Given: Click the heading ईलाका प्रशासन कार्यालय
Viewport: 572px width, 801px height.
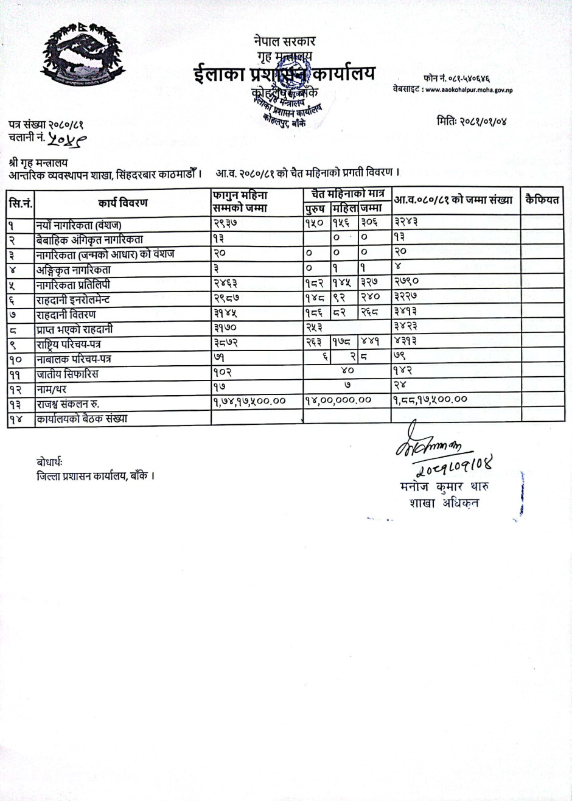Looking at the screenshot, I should [284, 74].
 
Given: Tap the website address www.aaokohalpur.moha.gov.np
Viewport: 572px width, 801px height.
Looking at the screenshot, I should [469, 89].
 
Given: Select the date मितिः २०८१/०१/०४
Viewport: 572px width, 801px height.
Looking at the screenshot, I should [471, 121].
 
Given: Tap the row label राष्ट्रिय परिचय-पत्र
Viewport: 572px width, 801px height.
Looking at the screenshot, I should [74, 344].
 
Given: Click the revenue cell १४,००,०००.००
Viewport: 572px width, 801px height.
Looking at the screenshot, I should [338, 400].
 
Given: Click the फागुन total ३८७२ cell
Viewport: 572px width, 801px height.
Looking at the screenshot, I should [226, 343].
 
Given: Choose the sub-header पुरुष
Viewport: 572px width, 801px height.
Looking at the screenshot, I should [316, 209].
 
